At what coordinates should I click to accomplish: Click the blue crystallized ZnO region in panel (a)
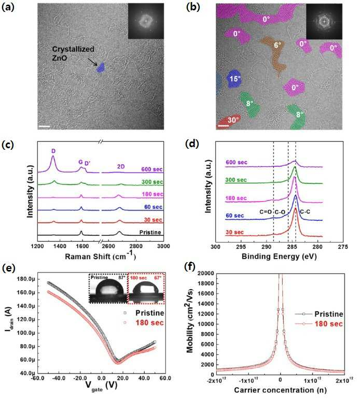(101, 68)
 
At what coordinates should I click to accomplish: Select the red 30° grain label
(233, 120)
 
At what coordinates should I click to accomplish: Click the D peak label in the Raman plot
(53, 151)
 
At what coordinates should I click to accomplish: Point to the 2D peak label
(121, 166)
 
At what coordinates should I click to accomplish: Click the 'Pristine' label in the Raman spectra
(150, 232)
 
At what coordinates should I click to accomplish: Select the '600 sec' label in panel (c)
(152, 169)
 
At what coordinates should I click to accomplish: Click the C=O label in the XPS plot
(266, 211)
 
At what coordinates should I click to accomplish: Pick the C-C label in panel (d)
(305, 211)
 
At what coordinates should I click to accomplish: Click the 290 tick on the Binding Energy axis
(266, 247)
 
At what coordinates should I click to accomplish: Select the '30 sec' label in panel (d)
(234, 232)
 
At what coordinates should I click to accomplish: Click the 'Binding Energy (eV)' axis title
(279, 256)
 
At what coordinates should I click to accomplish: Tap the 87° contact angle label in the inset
(122, 277)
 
